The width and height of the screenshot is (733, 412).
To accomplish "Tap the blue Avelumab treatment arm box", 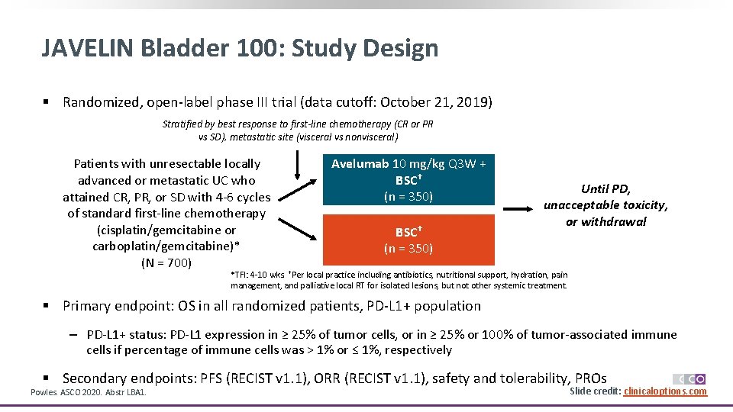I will pyautogui.click(x=408, y=180).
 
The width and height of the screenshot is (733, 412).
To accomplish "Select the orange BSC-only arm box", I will pyautogui.click(x=408, y=240).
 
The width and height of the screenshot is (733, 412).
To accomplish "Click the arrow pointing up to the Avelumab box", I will pyautogui.click(x=295, y=172).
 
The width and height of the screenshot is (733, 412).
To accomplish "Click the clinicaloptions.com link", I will pyautogui.click(x=665, y=391).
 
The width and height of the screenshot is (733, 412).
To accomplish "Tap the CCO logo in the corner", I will pyautogui.click(x=689, y=378).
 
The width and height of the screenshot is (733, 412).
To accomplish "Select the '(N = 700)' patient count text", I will pyautogui.click(x=166, y=263).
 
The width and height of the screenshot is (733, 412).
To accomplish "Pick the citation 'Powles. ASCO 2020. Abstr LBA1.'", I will pyautogui.click(x=87, y=392).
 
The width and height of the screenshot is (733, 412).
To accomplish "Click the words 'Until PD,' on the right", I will pyautogui.click(x=605, y=188).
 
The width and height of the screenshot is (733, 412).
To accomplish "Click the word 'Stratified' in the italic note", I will pyautogui.click(x=182, y=124).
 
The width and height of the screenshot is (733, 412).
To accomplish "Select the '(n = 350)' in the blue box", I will pyautogui.click(x=408, y=197).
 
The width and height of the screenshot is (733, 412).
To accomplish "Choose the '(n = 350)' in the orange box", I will pyautogui.click(x=408, y=248).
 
